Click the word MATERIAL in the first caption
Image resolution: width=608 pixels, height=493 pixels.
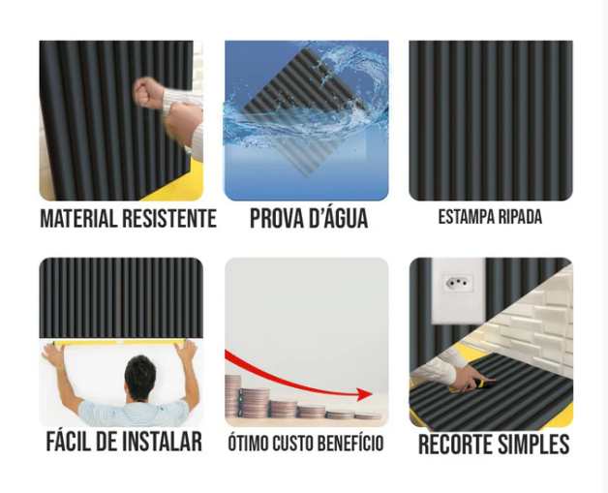79,218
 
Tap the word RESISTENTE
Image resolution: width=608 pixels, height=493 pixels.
169,218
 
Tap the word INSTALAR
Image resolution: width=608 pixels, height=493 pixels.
162,442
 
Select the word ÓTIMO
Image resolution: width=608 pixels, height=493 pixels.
248,444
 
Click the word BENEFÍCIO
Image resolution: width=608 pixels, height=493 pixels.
351,444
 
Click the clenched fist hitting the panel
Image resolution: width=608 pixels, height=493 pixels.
148,92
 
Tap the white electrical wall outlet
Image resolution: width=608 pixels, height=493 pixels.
459,291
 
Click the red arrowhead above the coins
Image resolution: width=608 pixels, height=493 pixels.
364,394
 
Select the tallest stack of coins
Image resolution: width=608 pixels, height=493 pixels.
232,396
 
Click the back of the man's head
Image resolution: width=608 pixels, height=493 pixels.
140,374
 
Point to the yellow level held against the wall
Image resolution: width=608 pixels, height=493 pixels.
118,343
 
